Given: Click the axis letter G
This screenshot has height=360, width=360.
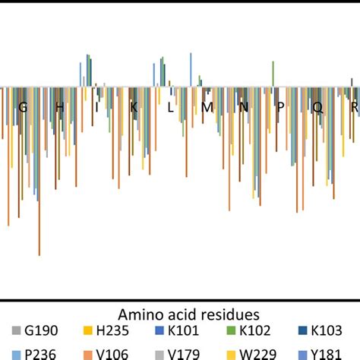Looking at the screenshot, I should click(23, 108).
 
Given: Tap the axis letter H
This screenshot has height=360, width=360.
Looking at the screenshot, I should click(59, 108).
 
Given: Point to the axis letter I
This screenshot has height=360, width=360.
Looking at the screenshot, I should click(96, 108).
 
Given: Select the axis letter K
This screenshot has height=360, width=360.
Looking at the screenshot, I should click(134, 108).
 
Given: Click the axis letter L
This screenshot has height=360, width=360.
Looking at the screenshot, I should click(170, 108).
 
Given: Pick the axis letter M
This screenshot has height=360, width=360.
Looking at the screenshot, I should click(207, 108).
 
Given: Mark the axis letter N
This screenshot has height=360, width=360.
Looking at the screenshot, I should click(244, 108).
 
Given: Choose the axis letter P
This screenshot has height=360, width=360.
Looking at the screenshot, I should click(280, 108).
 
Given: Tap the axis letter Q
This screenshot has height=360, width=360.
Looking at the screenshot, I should click(317, 108).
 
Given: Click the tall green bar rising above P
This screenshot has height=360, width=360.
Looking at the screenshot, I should click(273, 74).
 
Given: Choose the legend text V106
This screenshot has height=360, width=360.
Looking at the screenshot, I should click(115, 353).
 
